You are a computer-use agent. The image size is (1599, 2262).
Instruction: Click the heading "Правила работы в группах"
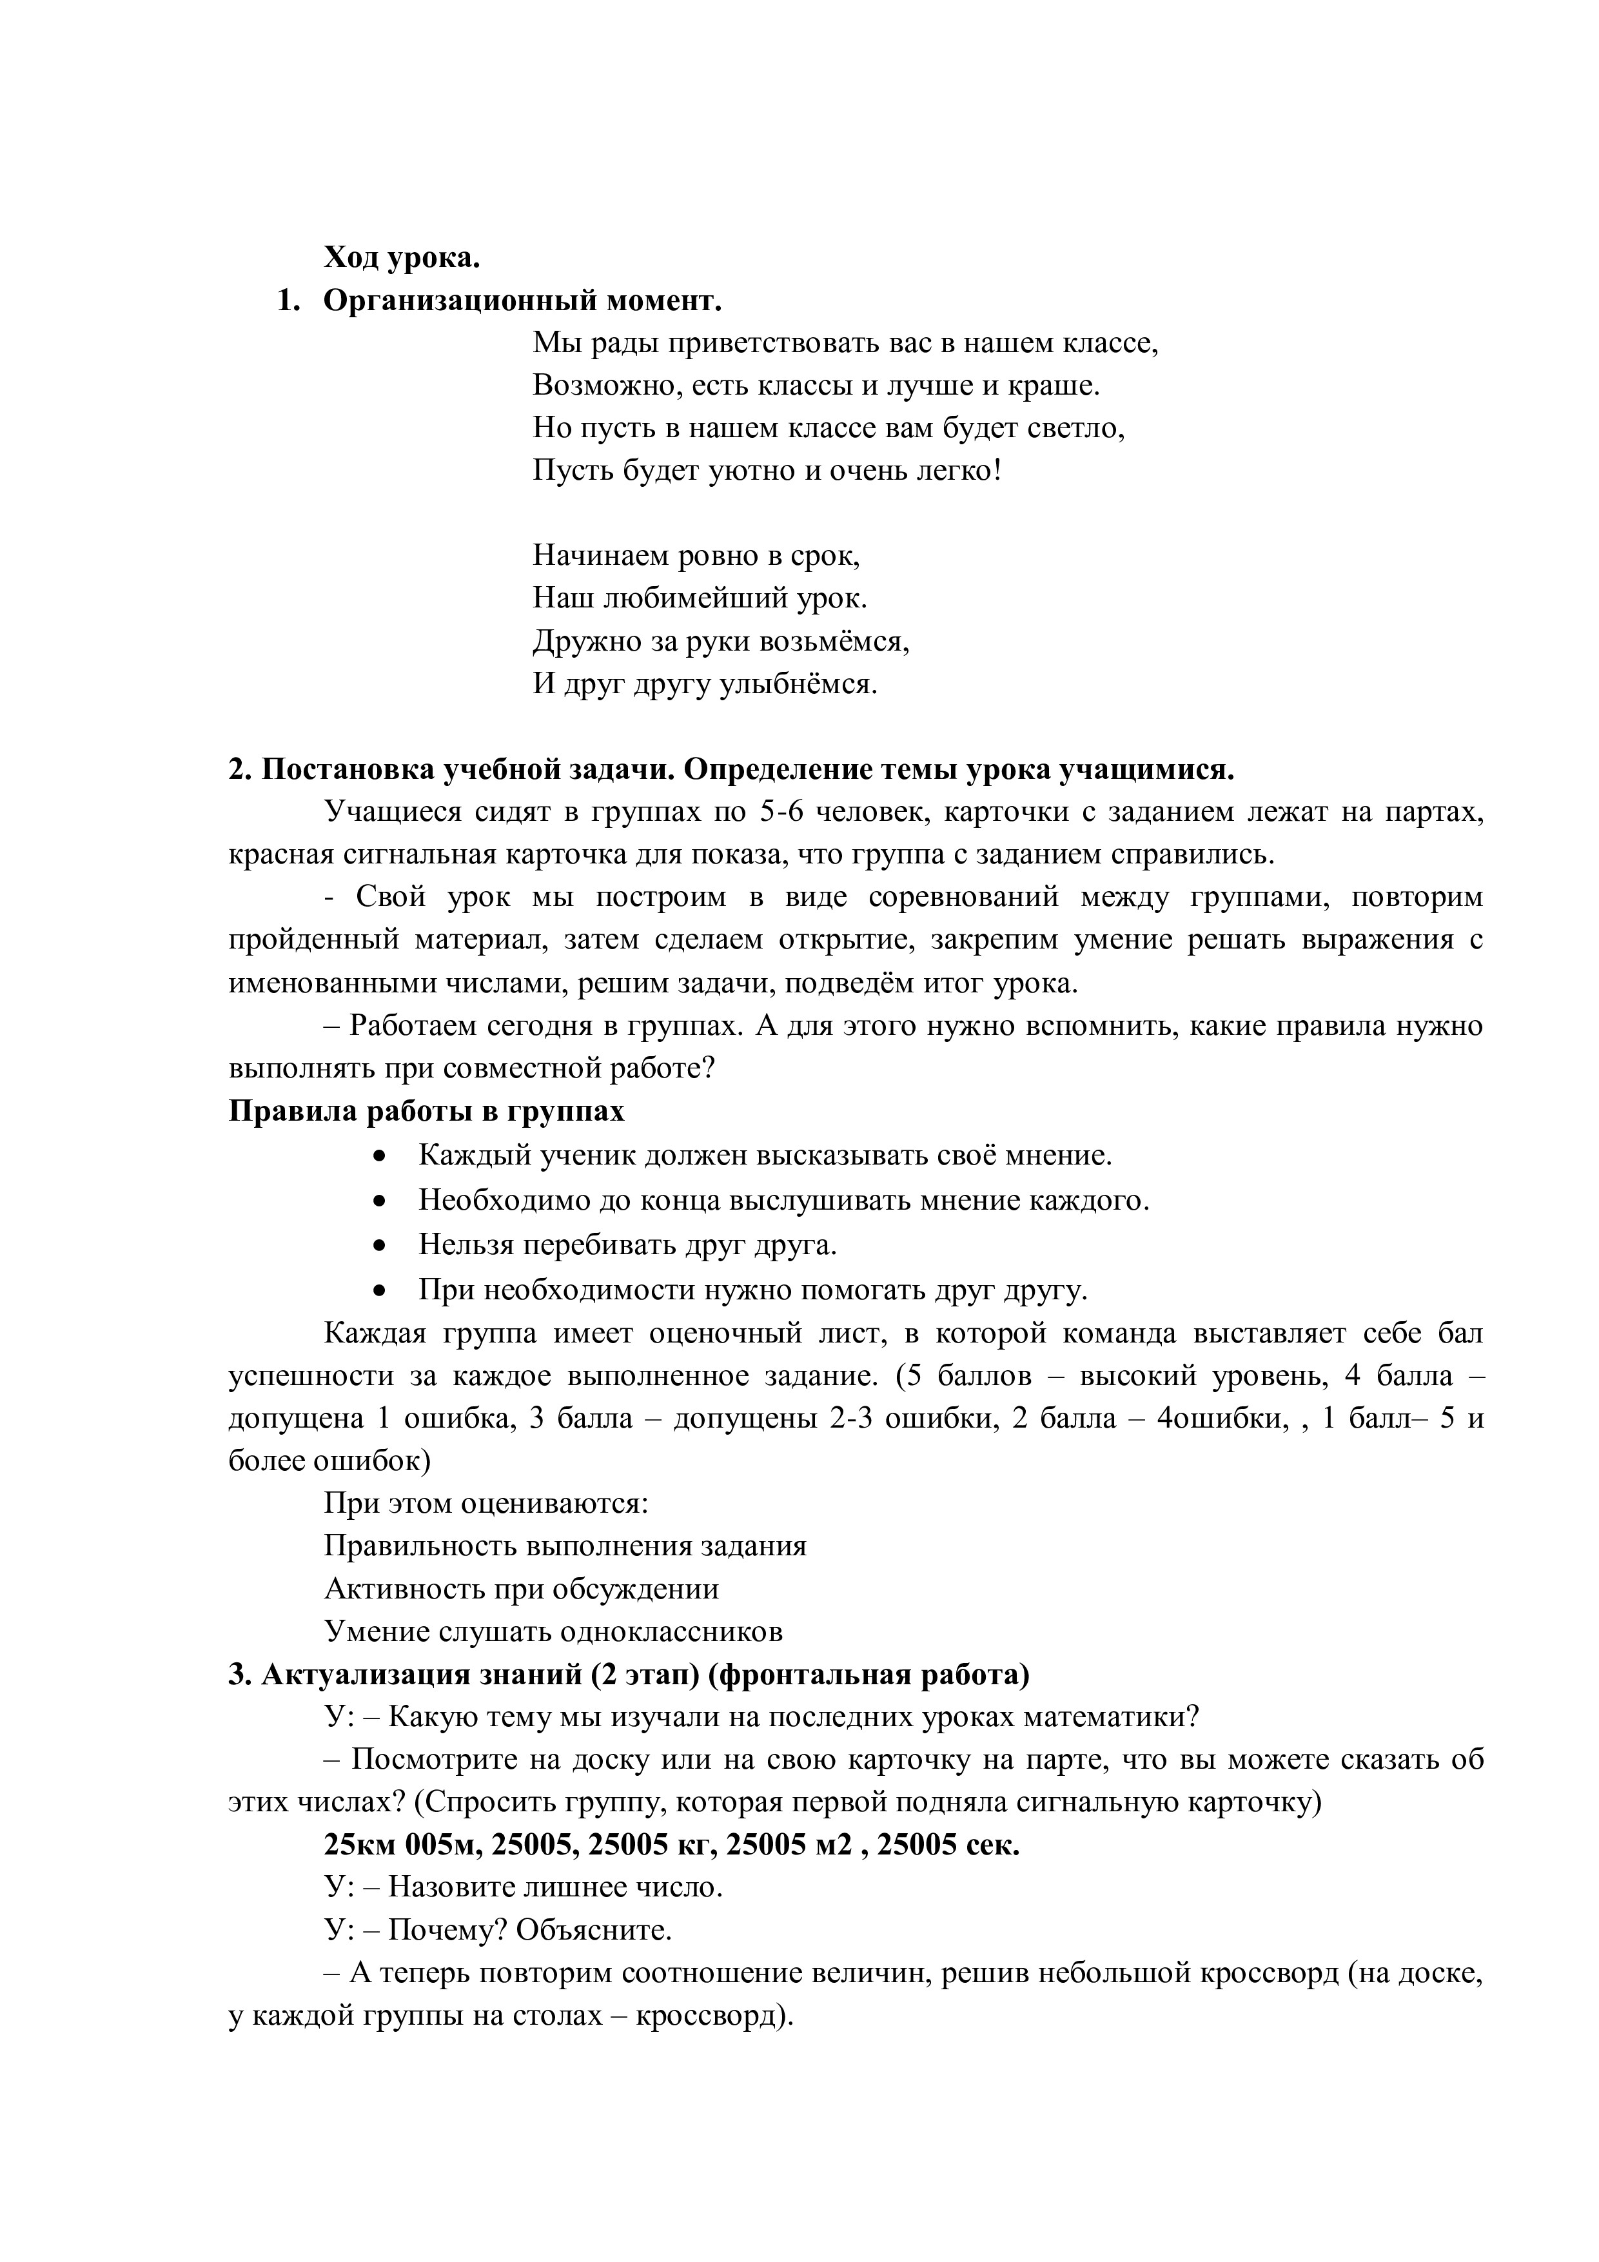[x=427, y=1110]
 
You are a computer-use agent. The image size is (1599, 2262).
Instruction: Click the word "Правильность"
[x=422, y=1545]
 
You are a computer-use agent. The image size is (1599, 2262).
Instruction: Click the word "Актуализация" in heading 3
[x=355, y=1674]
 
